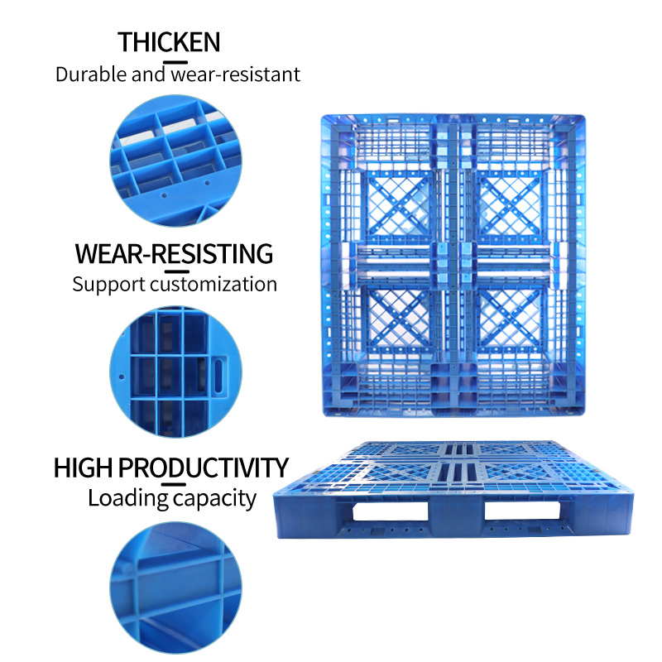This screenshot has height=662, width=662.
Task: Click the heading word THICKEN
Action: pyautogui.click(x=169, y=42)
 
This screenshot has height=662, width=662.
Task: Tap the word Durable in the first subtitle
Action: pyautogui.click(x=91, y=74)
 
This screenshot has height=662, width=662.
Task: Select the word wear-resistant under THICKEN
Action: pyautogui.click(x=236, y=74)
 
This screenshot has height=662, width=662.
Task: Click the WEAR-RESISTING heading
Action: pyautogui.click(x=174, y=254)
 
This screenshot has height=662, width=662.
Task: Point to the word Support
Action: pyautogui.click(x=108, y=285)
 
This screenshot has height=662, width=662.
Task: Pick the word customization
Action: pyautogui.click(x=213, y=284)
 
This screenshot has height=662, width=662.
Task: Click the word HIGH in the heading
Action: pyautogui.click(x=84, y=468)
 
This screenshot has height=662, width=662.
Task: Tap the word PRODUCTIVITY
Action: pyautogui.click(x=203, y=468)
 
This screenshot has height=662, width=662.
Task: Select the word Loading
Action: pyautogui.click(x=128, y=499)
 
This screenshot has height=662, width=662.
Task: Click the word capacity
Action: pyautogui.click(x=215, y=500)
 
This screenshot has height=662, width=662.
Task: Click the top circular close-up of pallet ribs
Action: pyautogui.click(x=175, y=161)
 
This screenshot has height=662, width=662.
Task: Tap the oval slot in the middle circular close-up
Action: pyautogui.click(x=218, y=376)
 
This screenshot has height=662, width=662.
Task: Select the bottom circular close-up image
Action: pyautogui.click(x=175, y=588)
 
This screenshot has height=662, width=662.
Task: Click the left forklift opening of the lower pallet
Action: pyautogui.click(x=390, y=511)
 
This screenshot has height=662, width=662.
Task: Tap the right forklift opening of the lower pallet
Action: pyautogui.click(x=522, y=511)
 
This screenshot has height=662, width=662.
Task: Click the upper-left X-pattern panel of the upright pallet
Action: pyautogui.click(x=399, y=205)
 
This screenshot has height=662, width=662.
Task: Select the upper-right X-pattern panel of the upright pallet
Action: pyautogui.click(x=510, y=205)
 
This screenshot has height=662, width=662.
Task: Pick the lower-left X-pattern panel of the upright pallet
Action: pyautogui.click(x=399, y=319)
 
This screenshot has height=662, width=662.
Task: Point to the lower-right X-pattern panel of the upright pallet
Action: pyautogui.click(x=510, y=319)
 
